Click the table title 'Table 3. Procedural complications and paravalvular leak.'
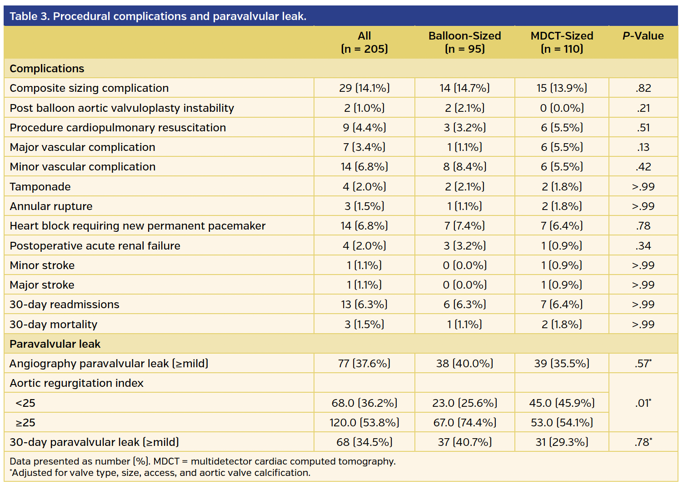158,16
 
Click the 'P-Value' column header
643,36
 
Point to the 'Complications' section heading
47,69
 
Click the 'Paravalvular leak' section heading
55,344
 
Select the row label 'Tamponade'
40,187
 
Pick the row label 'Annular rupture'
51,206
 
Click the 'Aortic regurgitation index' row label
76,383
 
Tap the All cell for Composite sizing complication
364,88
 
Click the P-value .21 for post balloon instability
643,108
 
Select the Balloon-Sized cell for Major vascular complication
464,147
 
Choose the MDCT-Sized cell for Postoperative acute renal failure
562,246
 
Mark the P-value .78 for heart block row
643,226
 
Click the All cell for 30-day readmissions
364,305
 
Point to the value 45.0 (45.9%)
562,403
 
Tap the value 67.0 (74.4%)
464,423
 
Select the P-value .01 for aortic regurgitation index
643,403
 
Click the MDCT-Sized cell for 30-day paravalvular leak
562,442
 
